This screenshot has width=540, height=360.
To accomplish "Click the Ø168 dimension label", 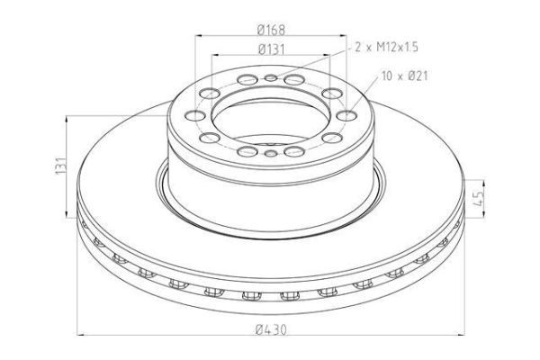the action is tap(271, 30).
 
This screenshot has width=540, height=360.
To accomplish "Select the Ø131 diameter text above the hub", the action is tap(271, 49).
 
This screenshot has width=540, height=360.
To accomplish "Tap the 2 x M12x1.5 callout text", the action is tap(386, 47).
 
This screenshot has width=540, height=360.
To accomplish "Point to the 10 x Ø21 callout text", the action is tap(405, 76).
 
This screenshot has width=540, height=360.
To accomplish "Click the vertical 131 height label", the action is tap(60, 166).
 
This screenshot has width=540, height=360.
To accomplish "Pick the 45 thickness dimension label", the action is tap(478, 198).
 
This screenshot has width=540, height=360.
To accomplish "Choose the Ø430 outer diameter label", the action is tap(271, 329).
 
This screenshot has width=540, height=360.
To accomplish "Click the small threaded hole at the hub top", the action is tap(271, 78).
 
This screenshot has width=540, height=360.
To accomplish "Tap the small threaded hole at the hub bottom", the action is tap(271, 153).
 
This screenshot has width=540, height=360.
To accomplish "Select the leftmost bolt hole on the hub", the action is tap(195, 115).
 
